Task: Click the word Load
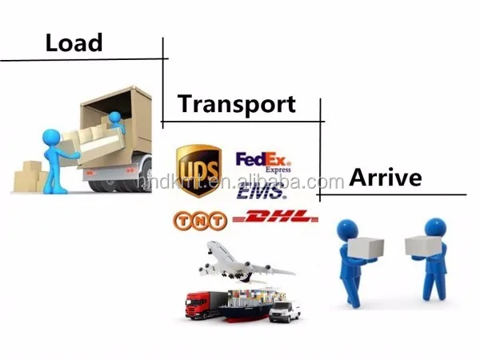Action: [x=74, y=42]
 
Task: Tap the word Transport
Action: [x=236, y=104]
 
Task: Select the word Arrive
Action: [x=385, y=178]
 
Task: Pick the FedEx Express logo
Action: [x=263, y=162]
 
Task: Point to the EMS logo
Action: [x=261, y=192]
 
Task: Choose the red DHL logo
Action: [x=274, y=218]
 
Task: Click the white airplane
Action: [x=239, y=261]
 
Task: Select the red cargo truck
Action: [x=201, y=303]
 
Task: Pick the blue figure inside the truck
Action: [x=116, y=121]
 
